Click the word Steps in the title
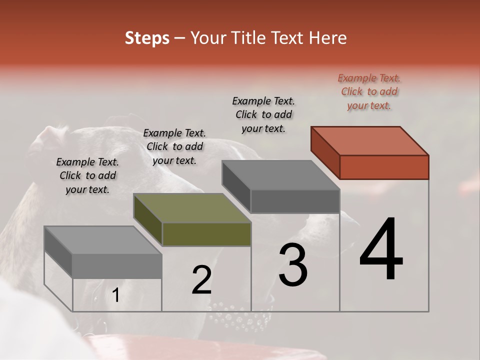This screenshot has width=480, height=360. pos(147,38)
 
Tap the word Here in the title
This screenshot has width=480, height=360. pos(327,38)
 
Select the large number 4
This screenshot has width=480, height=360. pos(381,250)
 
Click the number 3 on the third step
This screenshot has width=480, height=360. pos(293,265)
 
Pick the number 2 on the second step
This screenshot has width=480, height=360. pos(201,280)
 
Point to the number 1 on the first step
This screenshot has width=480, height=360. pos(116,295)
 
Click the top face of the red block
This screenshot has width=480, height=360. pos(370,140)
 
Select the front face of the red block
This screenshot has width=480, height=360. pos(384,167)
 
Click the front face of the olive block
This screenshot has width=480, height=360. pos(206,234)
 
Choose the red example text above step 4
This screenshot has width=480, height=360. pos(369,91)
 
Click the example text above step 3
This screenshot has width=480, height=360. pos(263,114)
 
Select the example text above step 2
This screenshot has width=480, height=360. pos(174,146)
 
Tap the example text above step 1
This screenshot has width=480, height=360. pos(87,175)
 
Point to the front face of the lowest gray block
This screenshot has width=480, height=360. pos(117,265)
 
